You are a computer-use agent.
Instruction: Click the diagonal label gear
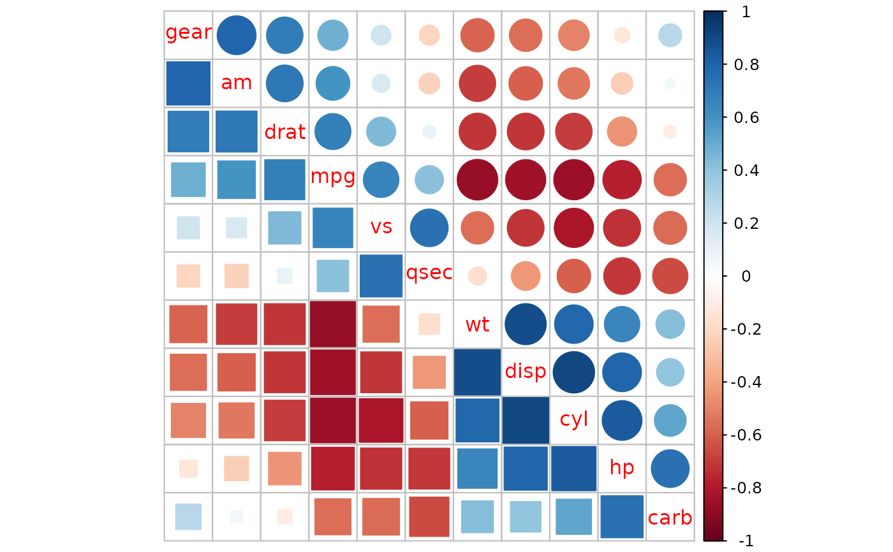click(x=188, y=33)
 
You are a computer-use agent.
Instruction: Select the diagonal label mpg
click(x=333, y=177)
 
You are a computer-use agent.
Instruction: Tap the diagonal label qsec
click(x=429, y=273)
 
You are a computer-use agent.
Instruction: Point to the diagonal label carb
click(x=670, y=518)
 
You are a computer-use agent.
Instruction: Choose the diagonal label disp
click(x=526, y=371)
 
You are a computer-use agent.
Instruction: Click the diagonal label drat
click(x=284, y=132)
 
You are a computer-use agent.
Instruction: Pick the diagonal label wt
click(x=477, y=325)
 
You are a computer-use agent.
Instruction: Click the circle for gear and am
click(x=237, y=35)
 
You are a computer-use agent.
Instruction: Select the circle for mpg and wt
click(x=477, y=180)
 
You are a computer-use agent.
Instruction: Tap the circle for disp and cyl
click(x=573, y=372)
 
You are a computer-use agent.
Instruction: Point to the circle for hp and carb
click(x=670, y=468)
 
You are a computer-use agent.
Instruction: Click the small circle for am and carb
click(x=670, y=84)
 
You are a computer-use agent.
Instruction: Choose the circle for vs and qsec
click(x=429, y=228)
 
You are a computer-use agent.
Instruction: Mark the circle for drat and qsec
click(x=429, y=131)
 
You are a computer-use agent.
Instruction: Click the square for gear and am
click(x=188, y=84)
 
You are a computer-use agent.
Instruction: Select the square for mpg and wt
click(x=333, y=324)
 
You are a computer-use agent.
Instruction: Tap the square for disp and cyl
click(x=526, y=421)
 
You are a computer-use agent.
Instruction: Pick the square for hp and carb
click(x=622, y=517)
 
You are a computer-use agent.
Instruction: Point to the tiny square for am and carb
click(x=237, y=517)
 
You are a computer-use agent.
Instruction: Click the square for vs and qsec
click(x=381, y=276)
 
